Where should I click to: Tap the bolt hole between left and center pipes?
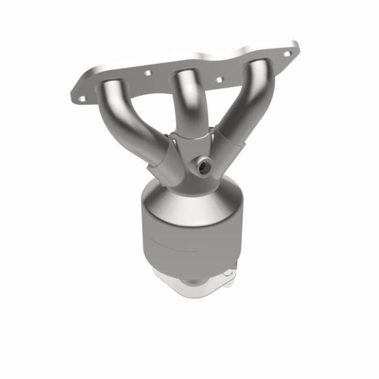(148, 73)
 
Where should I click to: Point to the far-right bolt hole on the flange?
(288, 54)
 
